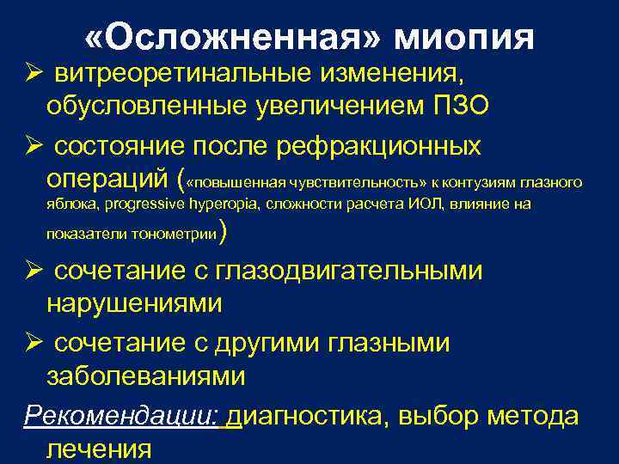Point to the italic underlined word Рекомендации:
123,416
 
